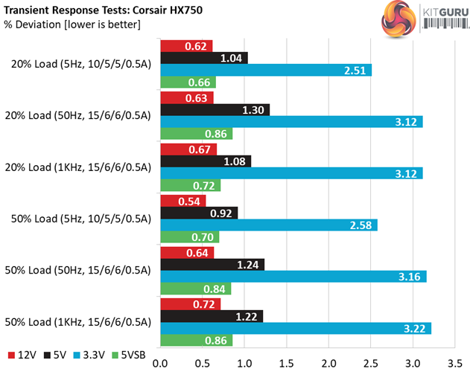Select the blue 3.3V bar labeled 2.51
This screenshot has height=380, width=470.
(x=266, y=70)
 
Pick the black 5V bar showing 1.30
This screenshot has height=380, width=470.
(x=215, y=109)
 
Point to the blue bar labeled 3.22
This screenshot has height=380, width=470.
(x=296, y=328)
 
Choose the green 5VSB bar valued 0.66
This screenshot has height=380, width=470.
(x=188, y=83)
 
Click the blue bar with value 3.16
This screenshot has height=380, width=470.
(x=293, y=277)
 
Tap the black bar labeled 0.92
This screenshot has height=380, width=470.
(x=199, y=213)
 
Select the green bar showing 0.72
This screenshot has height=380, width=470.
(x=190, y=186)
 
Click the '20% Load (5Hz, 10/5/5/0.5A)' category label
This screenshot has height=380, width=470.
(x=81, y=64)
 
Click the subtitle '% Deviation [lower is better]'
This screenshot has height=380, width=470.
(x=72, y=25)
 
